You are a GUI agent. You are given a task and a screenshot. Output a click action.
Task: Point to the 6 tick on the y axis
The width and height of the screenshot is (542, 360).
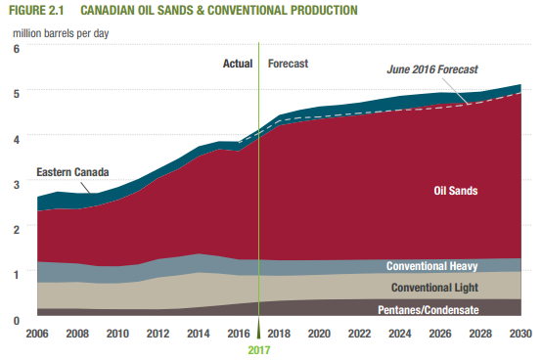(x=17, y=48)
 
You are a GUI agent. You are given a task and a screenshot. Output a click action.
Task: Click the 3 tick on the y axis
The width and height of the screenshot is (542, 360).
(x=17, y=184)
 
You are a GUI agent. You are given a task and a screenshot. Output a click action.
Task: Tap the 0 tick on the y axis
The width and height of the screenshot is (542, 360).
(x=17, y=320)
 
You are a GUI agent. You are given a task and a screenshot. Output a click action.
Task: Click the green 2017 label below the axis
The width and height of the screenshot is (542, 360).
(x=258, y=349)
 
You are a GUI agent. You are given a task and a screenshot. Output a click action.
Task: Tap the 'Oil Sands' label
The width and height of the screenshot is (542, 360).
(x=455, y=191)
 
